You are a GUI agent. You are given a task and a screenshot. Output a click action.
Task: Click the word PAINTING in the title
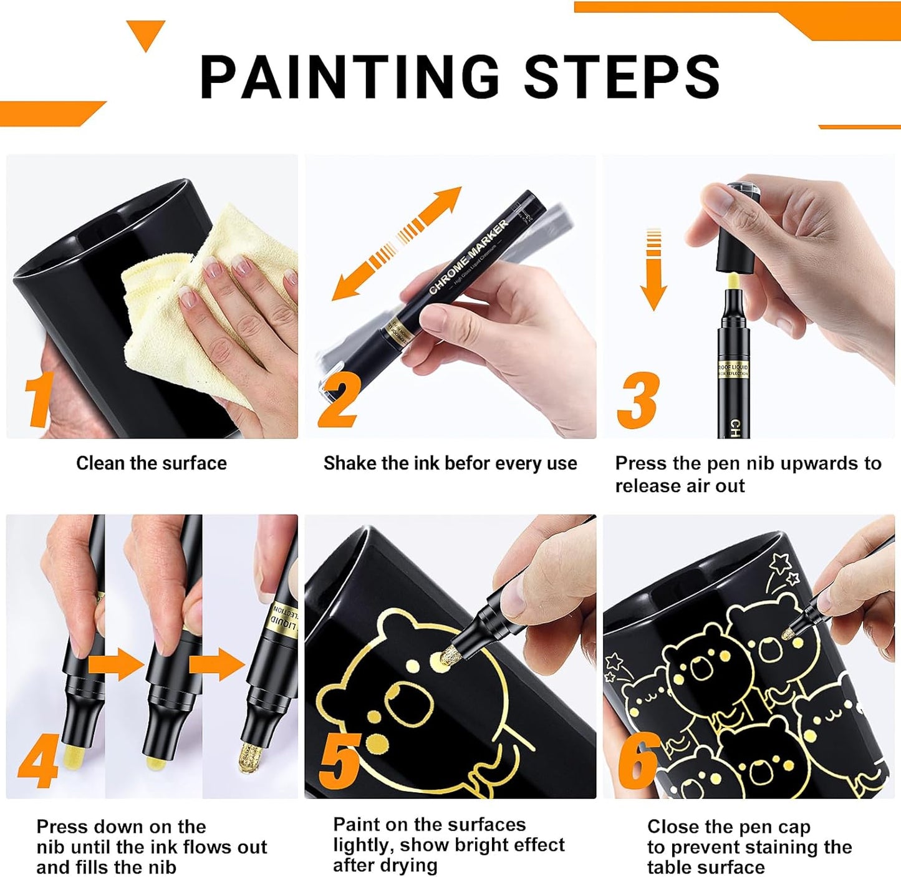(349, 77)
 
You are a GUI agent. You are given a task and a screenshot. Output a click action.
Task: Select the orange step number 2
(339, 400)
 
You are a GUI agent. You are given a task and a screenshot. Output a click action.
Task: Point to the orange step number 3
(637, 400)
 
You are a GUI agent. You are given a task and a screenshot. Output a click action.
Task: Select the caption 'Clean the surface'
(152, 463)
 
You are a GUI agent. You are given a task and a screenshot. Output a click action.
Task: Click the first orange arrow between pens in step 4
(115, 665)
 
